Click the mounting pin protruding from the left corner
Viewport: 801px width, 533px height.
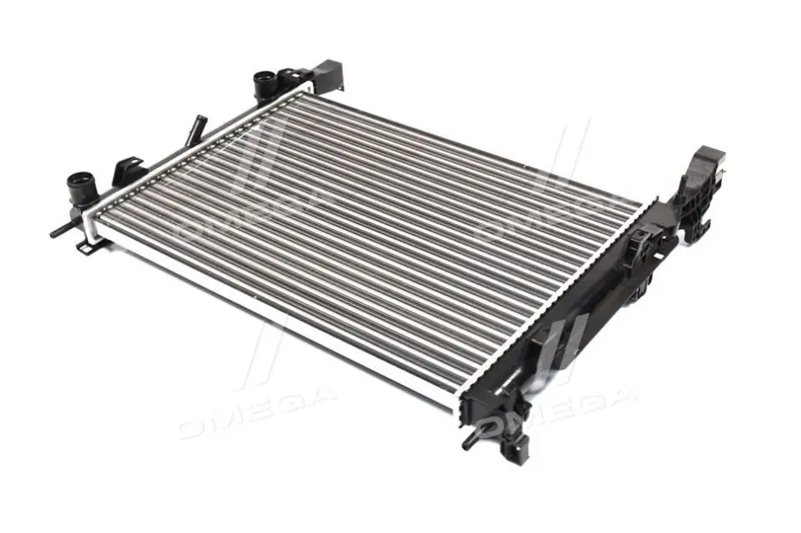63,230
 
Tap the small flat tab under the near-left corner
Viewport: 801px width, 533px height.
87,247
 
